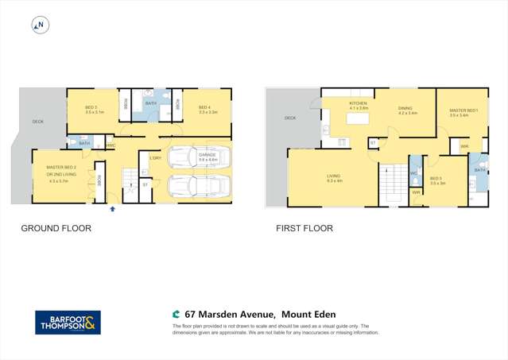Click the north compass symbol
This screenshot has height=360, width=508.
point(39,25)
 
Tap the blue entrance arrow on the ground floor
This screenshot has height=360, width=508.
point(112,208)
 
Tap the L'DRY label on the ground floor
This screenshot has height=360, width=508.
point(155,157)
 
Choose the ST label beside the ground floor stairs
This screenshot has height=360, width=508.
point(145,184)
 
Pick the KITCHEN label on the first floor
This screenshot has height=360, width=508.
point(358,103)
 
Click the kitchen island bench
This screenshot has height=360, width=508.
point(356,122)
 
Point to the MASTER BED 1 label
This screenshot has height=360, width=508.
point(463,110)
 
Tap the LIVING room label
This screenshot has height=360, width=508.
point(334,176)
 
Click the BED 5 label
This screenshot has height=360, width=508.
point(436,179)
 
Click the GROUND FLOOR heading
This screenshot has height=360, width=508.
point(56,228)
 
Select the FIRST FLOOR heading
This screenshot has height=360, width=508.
point(304,228)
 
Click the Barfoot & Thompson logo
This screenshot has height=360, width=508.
point(68,322)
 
